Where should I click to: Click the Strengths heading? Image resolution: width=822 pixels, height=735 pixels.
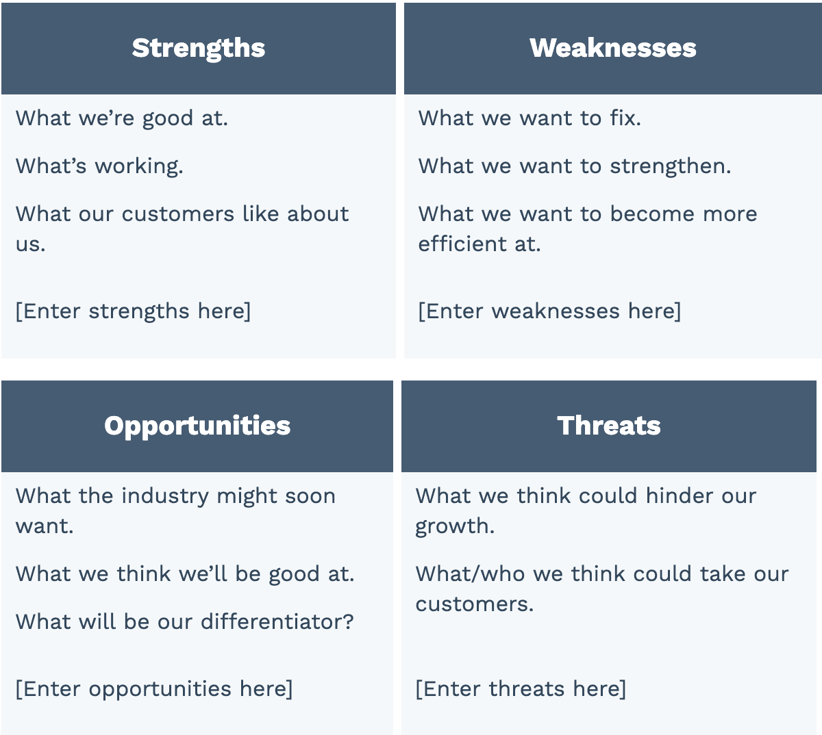(x=199, y=48)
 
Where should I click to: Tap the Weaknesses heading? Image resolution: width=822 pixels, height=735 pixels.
(x=612, y=48)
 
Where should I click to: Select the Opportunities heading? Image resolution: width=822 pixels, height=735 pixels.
(x=197, y=426)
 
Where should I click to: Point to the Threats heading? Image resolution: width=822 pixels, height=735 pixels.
(x=608, y=426)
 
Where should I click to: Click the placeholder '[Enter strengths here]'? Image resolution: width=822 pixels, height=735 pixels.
(x=133, y=311)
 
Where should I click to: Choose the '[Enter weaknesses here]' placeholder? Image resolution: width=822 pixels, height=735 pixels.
(x=549, y=311)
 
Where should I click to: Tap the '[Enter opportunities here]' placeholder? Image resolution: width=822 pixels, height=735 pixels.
(x=153, y=689)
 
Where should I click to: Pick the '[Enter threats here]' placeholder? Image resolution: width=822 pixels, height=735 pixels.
(x=521, y=689)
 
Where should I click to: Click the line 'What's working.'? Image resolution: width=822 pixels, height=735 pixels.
(x=99, y=166)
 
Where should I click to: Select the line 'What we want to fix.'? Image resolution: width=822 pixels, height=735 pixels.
(x=530, y=118)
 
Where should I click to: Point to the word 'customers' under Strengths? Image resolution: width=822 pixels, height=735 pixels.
(x=178, y=214)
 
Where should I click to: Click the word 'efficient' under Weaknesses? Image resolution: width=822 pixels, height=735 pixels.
(x=462, y=244)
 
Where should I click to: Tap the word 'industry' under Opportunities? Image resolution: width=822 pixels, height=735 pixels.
(x=165, y=497)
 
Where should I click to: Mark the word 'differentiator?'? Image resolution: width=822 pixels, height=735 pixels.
(x=277, y=622)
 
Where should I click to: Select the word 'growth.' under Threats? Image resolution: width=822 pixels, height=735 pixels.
(x=455, y=527)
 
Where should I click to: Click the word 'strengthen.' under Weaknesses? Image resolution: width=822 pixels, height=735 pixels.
(x=671, y=166)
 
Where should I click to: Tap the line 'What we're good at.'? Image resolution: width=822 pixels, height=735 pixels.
(x=122, y=119)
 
